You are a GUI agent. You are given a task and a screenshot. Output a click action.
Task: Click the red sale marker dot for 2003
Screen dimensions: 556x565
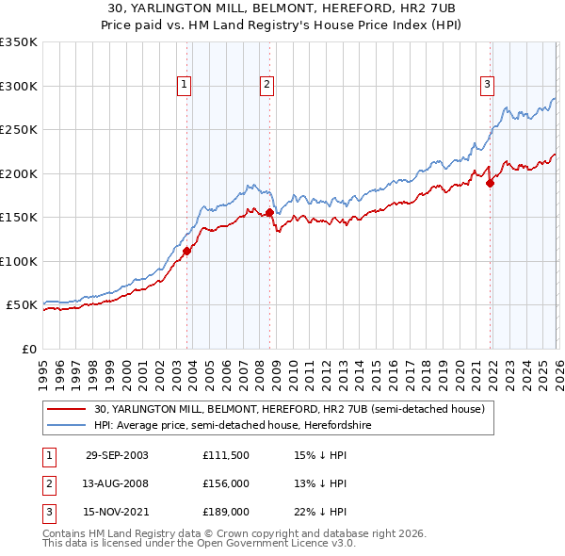pos(187,251)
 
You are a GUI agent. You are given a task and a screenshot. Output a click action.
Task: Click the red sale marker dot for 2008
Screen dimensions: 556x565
pos(269,213)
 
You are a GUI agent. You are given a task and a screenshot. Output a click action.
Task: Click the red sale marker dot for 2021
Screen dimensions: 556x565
pos(490,184)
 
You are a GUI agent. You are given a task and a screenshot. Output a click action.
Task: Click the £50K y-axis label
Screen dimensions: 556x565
pos(22,305)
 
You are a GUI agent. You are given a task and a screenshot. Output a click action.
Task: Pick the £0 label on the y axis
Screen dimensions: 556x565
pos(29,349)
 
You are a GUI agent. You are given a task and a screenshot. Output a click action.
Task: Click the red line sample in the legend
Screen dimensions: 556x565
pos(68,409)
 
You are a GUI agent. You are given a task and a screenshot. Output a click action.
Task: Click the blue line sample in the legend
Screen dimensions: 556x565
pos(68,425)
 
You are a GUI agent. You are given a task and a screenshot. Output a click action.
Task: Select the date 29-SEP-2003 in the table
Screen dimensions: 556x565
pos(117,455)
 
